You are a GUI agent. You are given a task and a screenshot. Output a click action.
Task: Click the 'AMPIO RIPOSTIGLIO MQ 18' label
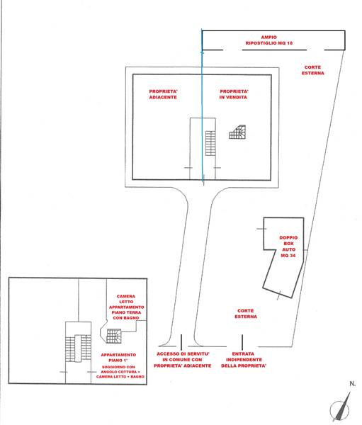coord(268,40)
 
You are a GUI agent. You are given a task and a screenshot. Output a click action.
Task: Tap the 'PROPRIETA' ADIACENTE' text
coord(163,94)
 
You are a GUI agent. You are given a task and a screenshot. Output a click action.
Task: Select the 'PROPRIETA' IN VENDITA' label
coord(234,94)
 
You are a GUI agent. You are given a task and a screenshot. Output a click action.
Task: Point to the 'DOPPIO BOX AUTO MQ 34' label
coord(288,246)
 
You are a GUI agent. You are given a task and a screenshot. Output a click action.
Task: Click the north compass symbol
coord(341,407)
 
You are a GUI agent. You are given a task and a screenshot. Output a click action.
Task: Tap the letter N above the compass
coord(352,384)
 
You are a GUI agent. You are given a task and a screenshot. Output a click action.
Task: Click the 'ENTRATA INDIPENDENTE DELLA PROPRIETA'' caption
coord(244,360)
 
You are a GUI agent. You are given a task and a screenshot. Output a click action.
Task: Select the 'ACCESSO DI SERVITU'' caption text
coord(183,354)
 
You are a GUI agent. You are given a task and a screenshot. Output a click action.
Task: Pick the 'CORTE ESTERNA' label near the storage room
coord(312,70)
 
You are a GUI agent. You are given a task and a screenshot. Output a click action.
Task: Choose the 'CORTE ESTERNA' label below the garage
coord(246,314)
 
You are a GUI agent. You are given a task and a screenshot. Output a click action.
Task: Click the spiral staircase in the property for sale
coord(237,132)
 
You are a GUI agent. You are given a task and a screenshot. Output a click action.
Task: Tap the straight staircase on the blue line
coord(210,143)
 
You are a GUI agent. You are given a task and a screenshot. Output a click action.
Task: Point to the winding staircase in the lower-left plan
coord(114,336)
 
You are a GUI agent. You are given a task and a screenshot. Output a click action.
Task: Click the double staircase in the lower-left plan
coord(78,348)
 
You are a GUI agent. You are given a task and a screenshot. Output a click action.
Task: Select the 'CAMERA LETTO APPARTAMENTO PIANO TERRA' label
coord(126,307)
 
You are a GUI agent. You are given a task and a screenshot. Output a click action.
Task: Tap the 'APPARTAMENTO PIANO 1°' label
coord(118,358)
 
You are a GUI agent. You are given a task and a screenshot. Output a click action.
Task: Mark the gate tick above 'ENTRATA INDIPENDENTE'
coord(242,342)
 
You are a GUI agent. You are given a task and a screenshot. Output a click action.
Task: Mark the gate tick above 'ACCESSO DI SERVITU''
coord(181,342)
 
